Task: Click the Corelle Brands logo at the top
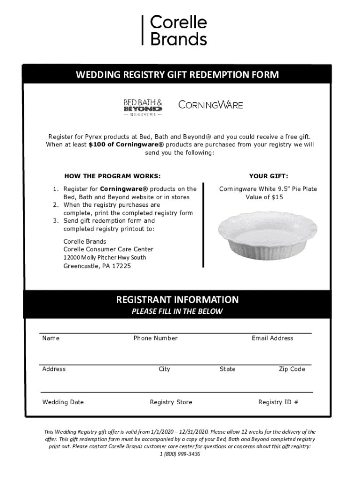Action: (x=175, y=30)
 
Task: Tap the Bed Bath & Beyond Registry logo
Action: (x=143, y=107)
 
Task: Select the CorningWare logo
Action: (x=211, y=105)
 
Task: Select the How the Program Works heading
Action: (x=112, y=176)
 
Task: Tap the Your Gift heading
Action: (x=268, y=176)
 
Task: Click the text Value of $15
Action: (x=265, y=197)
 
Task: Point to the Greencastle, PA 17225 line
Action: (x=97, y=266)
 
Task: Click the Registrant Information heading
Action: (x=177, y=299)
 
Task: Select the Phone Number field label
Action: (x=156, y=338)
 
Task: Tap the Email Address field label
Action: (x=273, y=338)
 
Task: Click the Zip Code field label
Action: (x=292, y=369)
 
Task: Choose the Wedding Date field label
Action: (x=63, y=402)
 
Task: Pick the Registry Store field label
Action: (x=171, y=402)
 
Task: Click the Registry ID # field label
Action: (x=278, y=402)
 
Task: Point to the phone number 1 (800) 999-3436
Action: (x=180, y=454)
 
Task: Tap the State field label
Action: (x=228, y=369)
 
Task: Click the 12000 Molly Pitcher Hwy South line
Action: (x=105, y=258)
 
